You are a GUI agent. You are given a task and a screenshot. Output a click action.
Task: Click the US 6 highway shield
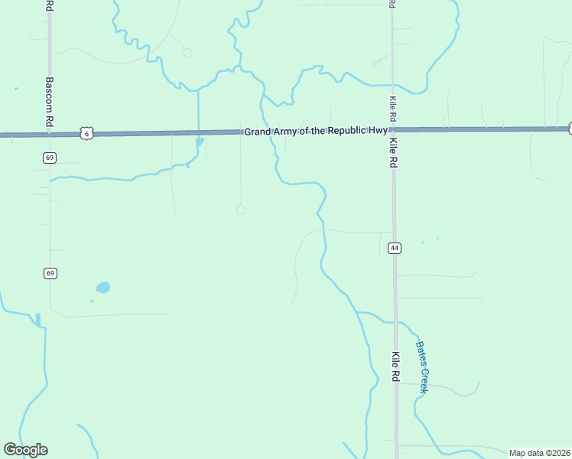[x=86, y=134]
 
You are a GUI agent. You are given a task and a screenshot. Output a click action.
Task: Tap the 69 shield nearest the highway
[x=50, y=158]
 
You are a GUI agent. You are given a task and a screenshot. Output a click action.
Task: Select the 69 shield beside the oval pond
[x=50, y=273]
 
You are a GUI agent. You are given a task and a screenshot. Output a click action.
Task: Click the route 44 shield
[x=395, y=248]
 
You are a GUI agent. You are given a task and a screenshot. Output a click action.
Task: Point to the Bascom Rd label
[x=49, y=102]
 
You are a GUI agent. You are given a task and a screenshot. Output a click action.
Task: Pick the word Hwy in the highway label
[x=376, y=131]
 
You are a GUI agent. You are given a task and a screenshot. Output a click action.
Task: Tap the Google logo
[x=25, y=450]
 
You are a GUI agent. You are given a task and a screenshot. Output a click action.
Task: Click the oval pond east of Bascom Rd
[x=102, y=288]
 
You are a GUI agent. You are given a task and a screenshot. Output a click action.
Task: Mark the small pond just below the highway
[x=200, y=142]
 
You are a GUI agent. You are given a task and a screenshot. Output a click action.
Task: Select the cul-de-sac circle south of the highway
[x=241, y=209]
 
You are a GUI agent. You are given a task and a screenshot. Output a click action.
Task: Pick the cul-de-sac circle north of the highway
[x=187, y=53]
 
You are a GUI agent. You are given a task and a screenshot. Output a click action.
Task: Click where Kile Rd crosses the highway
[x=393, y=130]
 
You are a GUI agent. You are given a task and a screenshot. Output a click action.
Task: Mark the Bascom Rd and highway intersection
[x=50, y=135]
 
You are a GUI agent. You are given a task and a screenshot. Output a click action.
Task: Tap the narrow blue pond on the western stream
[x=37, y=319]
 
